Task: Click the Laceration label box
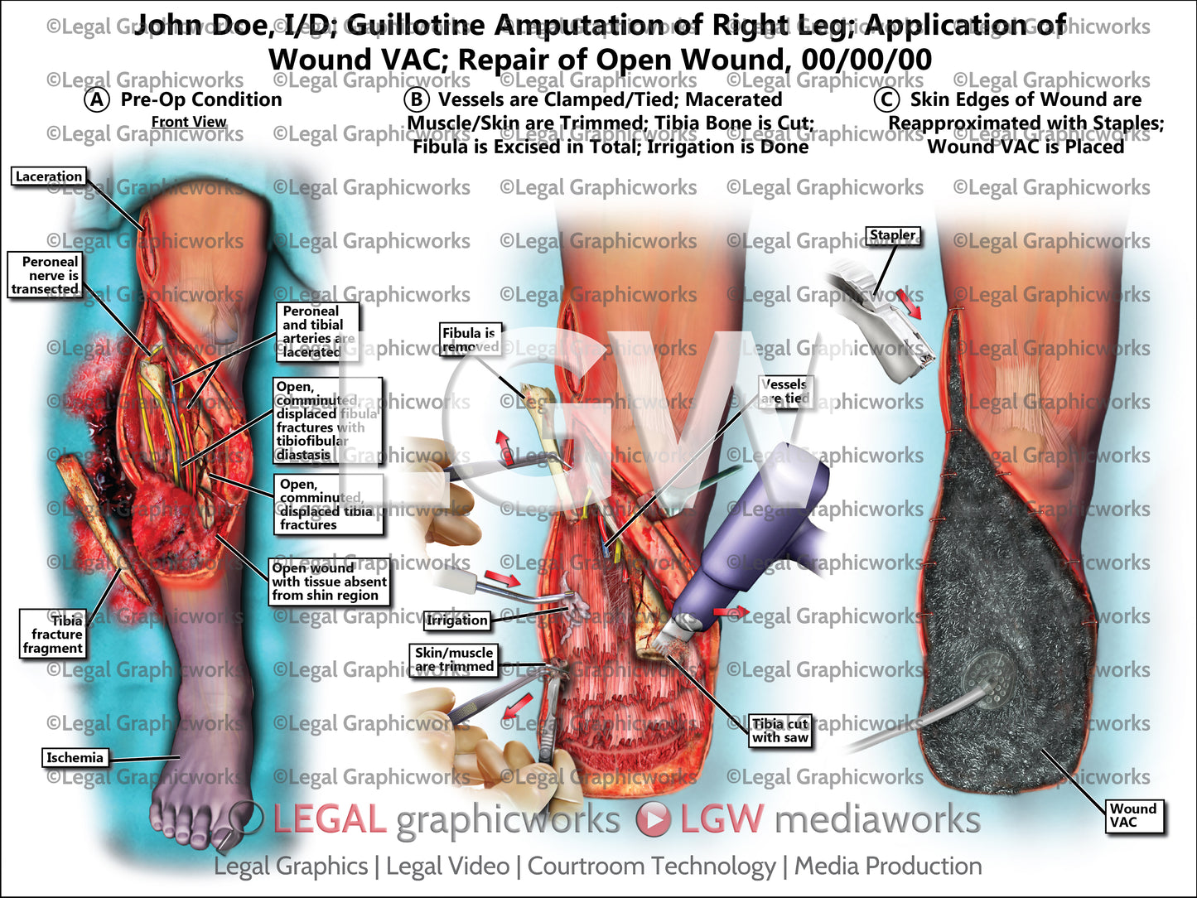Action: [x=49, y=176]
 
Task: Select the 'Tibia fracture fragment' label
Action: [x=53, y=635]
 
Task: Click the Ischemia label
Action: [x=75, y=757]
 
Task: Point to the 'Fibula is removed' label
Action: [x=469, y=340]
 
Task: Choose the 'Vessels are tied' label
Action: [x=784, y=391]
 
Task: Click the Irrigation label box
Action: [x=457, y=620]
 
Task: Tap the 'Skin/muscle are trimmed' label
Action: [x=454, y=659]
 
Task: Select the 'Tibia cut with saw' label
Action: [x=779, y=731]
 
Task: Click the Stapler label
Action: [x=892, y=235]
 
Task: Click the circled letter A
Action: [x=97, y=100]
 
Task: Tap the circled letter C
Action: [x=886, y=100]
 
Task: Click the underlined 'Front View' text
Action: [x=189, y=122]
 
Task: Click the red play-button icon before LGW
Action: [x=654, y=819]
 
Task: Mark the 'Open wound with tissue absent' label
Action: [x=329, y=582]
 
